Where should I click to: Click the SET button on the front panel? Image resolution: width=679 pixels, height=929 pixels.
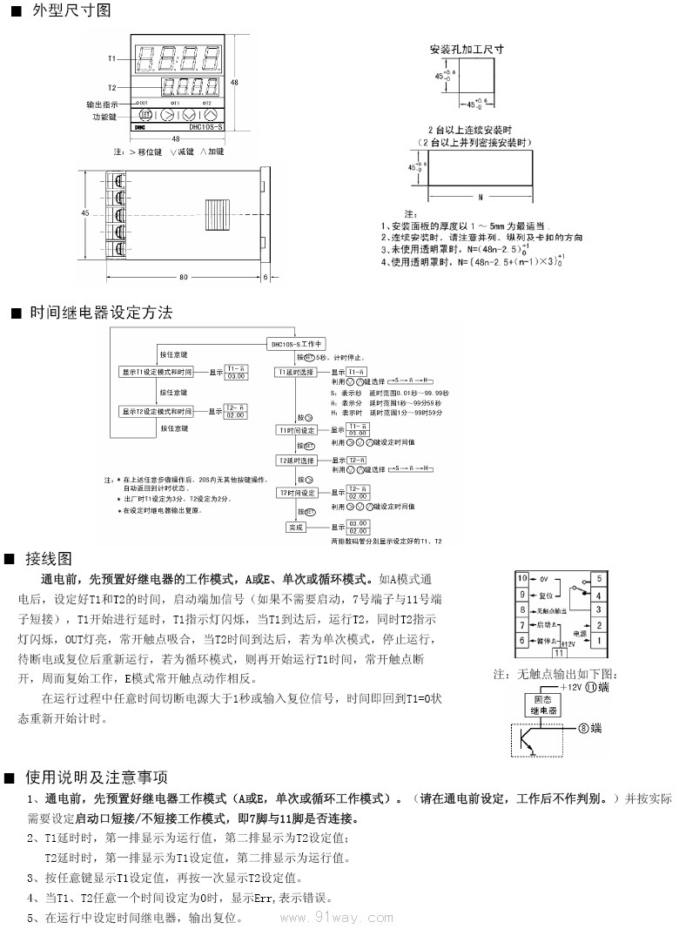[x=145, y=114]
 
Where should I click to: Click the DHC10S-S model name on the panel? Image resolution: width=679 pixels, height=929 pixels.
[x=204, y=128]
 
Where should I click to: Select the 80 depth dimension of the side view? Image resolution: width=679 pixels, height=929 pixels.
[x=184, y=278]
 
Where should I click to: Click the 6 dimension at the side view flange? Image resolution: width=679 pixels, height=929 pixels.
[x=265, y=278]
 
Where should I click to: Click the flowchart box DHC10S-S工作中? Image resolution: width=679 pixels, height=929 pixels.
[x=296, y=343]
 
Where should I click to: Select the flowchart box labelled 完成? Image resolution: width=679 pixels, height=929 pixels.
[x=296, y=527]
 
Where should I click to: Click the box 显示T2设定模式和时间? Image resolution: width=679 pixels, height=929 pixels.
[x=157, y=411]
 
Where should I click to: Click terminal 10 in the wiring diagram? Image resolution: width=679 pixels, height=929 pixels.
[x=522, y=578]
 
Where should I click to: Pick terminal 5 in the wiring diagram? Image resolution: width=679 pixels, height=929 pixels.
[x=599, y=578]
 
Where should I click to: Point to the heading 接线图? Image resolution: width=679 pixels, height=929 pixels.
[x=49, y=558]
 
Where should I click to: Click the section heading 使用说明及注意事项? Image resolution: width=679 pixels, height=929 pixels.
[x=97, y=777]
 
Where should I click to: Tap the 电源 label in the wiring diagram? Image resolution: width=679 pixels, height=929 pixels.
[x=579, y=635]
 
